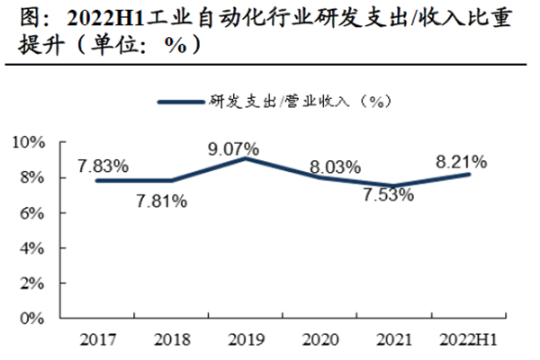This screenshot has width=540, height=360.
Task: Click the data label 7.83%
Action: click(103, 166)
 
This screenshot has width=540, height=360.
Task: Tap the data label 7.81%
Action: click(161, 202)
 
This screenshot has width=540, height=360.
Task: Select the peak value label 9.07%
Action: click(233, 147)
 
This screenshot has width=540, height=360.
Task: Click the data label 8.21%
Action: click(461, 162)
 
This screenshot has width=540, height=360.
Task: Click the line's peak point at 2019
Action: click(243, 158)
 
